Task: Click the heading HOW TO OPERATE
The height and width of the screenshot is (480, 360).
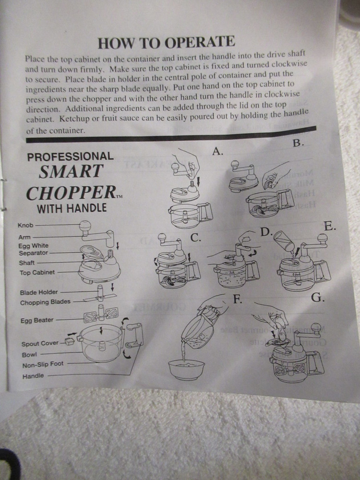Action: [x=166, y=42]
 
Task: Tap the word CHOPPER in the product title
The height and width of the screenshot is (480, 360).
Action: [x=68, y=193]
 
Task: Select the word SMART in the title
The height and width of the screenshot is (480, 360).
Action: [x=71, y=171]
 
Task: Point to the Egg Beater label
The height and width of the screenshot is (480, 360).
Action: [x=36, y=320]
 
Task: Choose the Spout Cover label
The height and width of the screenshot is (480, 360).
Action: [x=40, y=344]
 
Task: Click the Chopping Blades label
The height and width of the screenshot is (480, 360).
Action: [x=45, y=302]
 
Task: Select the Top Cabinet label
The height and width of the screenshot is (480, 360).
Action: [x=37, y=273]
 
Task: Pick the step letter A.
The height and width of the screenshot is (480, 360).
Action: [x=218, y=152]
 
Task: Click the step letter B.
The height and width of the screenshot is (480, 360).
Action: [x=298, y=143]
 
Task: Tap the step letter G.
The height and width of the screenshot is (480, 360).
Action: [x=317, y=298]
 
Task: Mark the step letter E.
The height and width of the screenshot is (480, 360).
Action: [x=330, y=226]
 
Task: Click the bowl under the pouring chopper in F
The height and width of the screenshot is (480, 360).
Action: [x=186, y=370]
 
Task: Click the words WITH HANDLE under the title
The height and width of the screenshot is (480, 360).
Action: [x=72, y=209]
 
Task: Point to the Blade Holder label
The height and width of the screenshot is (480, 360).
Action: [x=39, y=292]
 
